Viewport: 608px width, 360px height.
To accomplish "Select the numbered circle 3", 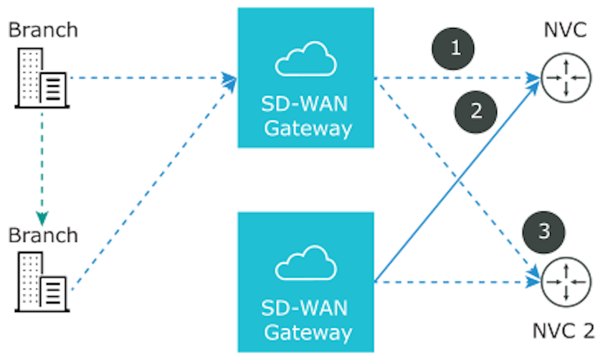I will [x=544, y=231].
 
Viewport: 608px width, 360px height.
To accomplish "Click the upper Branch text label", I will [x=42, y=30].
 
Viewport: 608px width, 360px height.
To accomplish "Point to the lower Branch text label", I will [x=42, y=235].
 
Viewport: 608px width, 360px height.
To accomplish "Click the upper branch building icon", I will [x=42, y=79].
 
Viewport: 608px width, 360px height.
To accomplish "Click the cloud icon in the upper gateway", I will [x=305, y=60].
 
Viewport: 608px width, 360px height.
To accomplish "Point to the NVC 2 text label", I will [x=564, y=331].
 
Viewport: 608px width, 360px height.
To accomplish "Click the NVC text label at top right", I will [x=564, y=30].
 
